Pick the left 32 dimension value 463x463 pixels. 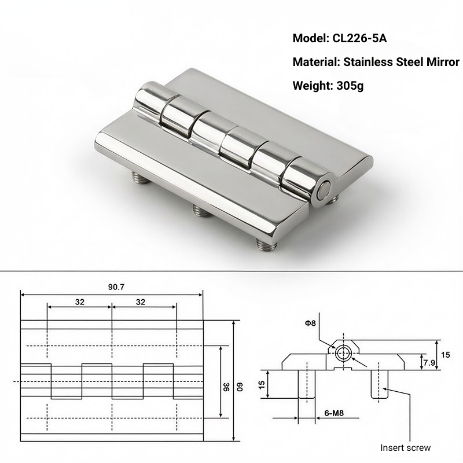(79, 301)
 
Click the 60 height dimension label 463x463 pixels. (239, 387)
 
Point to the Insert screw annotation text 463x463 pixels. (405, 447)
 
